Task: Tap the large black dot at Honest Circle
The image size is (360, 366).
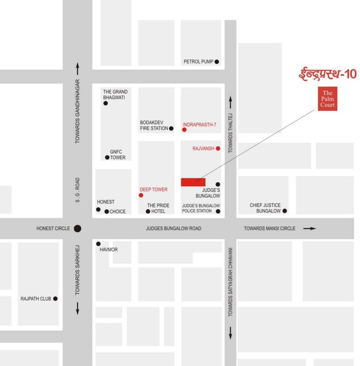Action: (x=78, y=229)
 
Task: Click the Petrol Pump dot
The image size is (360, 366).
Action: (x=216, y=61)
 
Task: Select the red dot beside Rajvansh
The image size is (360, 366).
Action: (x=218, y=149)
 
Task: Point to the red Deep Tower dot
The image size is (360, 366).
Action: (x=141, y=195)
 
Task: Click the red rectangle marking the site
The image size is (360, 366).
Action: (x=193, y=182)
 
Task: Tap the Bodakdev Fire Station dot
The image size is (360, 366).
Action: (x=171, y=128)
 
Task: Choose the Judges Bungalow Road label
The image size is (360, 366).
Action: (x=174, y=229)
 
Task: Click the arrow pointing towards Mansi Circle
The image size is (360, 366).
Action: (x=309, y=229)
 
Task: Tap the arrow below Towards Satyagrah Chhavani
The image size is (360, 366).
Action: (x=231, y=332)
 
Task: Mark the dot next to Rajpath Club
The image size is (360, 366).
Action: (x=55, y=299)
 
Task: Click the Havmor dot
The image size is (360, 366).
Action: (x=98, y=244)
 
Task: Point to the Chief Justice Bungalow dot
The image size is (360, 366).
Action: (x=285, y=211)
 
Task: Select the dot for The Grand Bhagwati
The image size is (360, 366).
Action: (x=105, y=103)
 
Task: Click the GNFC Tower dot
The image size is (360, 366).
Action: (x=107, y=158)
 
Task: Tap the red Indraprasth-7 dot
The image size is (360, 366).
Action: (x=184, y=130)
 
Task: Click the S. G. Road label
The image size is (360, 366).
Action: (x=78, y=190)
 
